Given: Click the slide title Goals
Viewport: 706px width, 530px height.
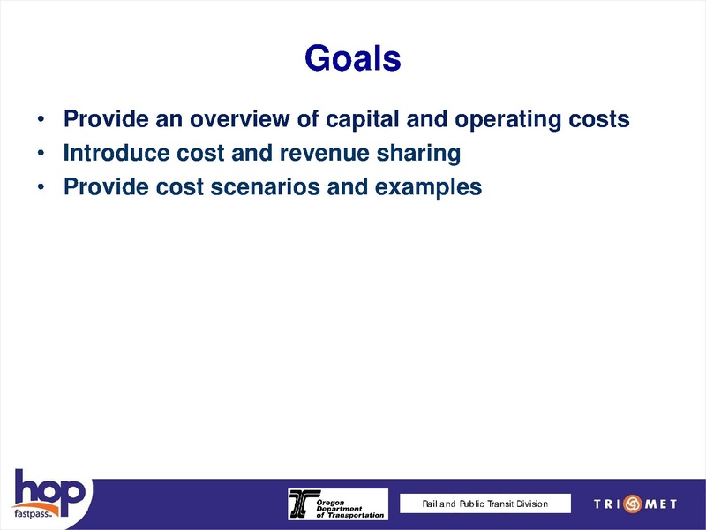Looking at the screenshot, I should pyautogui.click(x=352, y=59).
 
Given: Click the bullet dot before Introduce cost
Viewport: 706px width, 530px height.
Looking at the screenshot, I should pyautogui.click(x=41, y=155).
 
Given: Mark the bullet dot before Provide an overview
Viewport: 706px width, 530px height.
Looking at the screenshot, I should pyautogui.click(x=41, y=120).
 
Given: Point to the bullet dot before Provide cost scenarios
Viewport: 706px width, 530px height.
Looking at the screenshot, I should pyautogui.click(x=41, y=188).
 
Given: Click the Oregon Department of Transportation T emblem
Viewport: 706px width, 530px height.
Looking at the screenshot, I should pyautogui.click(x=301, y=503).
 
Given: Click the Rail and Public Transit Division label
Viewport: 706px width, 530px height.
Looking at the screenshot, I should pyautogui.click(x=484, y=503).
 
